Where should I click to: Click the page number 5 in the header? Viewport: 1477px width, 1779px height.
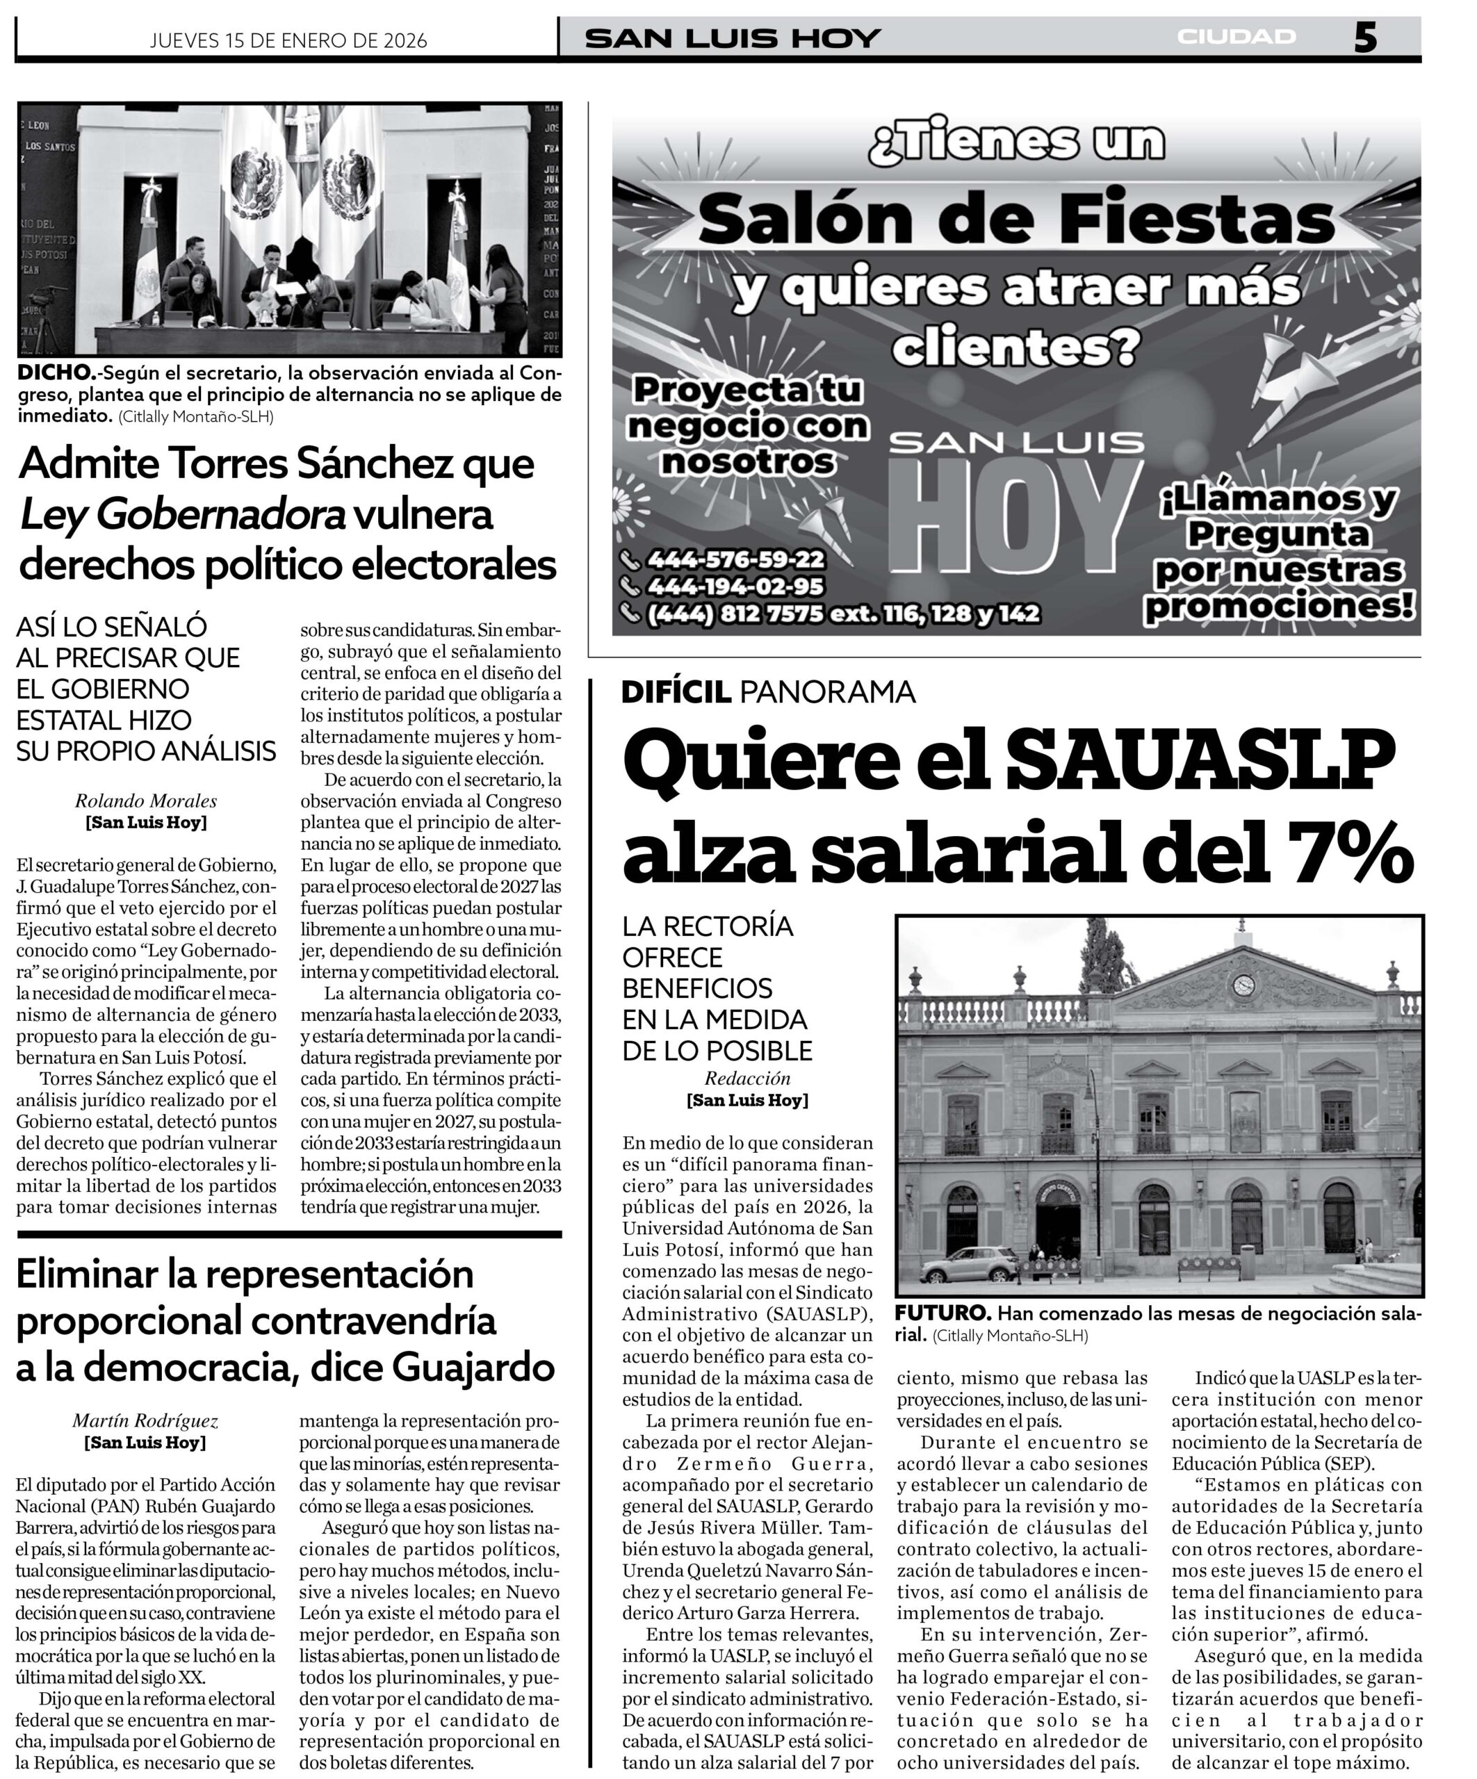(1364, 38)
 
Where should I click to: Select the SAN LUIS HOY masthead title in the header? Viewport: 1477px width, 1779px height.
(733, 39)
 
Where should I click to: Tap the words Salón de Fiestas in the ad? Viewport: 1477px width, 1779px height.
(1016, 220)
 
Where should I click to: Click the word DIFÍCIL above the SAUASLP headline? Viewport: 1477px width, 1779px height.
(676, 692)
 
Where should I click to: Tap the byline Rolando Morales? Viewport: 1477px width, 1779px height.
(146, 801)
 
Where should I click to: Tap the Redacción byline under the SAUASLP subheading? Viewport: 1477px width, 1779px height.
(746, 1079)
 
